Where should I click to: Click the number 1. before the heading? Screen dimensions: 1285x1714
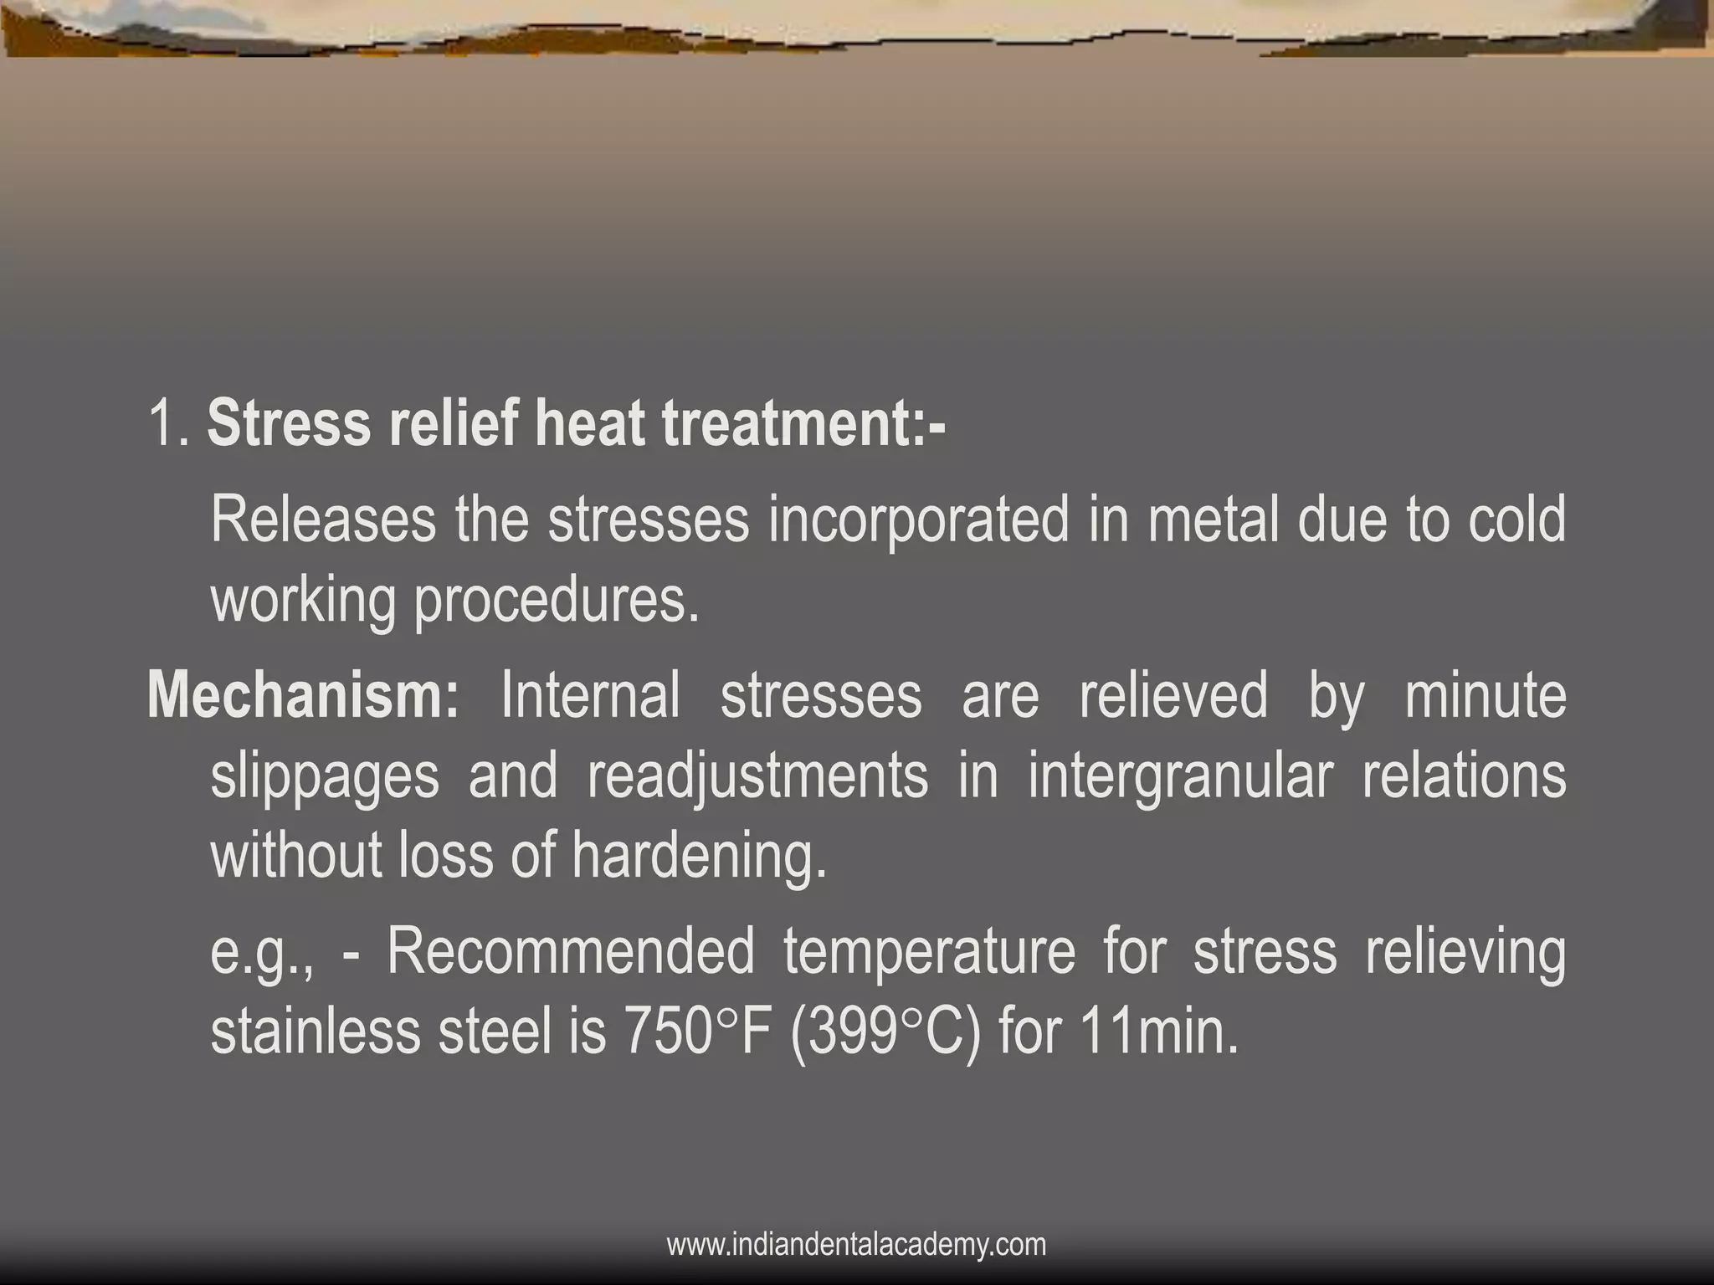[171, 423]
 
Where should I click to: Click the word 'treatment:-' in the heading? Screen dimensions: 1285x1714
[803, 423]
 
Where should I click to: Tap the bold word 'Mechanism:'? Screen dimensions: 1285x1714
[304, 695]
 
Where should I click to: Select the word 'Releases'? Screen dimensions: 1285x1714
[323, 520]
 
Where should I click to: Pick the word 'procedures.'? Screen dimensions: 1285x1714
[557, 601]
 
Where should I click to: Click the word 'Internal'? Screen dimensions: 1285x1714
[590, 695]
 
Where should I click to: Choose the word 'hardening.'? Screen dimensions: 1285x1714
[700, 856]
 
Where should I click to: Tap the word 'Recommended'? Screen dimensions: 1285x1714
[571, 952]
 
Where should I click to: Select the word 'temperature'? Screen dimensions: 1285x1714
[929, 952]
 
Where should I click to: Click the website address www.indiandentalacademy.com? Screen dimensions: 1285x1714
[856, 1245]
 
